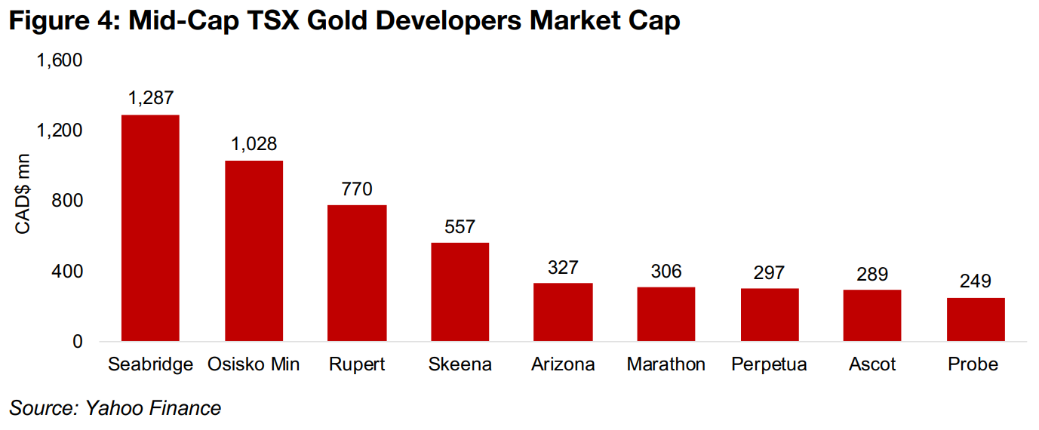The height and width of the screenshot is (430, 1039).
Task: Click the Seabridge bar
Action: point(150,228)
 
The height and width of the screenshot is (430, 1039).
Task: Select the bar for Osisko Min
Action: point(254,250)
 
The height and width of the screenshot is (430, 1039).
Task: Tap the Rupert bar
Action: point(357,273)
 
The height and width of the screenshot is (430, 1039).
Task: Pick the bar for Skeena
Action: point(460,292)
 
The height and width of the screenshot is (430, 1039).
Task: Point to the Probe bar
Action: point(976,319)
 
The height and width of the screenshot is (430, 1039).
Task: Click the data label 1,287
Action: point(151,98)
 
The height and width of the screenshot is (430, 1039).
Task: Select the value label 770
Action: point(357,189)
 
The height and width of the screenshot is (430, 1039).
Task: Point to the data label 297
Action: point(769,272)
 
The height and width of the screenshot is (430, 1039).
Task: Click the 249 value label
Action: point(976,281)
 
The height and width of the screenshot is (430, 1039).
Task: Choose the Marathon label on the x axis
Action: point(666,364)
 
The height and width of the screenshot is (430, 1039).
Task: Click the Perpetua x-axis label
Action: point(769,364)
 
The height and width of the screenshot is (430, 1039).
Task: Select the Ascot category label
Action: point(872,364)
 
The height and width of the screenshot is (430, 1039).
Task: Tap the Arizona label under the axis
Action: point(563,364)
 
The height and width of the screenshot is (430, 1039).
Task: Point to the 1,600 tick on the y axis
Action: point(59,60)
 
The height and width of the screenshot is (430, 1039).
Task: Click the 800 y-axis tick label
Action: point(66,201)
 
